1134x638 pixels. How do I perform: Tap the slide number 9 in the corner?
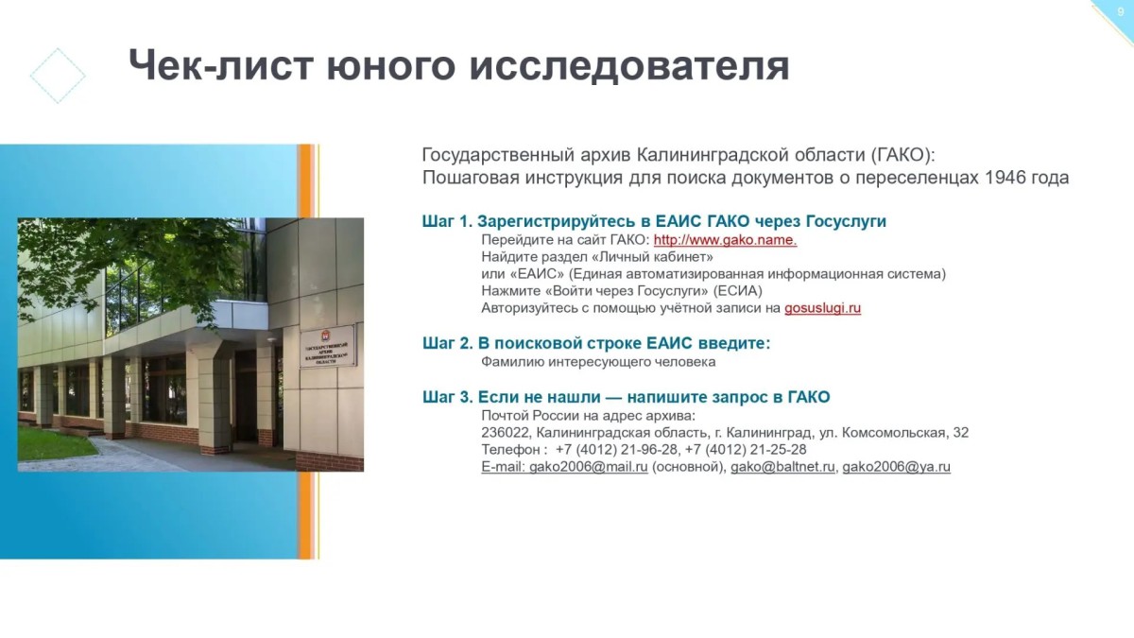click(1121, 12)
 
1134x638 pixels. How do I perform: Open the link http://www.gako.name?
click(725, 240)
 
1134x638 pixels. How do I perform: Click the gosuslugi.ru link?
click(823, 308)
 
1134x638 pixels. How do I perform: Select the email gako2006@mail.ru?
click(588, 467)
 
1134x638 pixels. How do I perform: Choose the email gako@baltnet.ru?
click(782, 467)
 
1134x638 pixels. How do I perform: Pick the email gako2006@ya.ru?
click(896, 467)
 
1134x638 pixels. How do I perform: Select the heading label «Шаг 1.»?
click(447, 221)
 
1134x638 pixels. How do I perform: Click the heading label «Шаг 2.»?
click(448, 343)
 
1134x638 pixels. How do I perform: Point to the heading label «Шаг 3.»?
click(448, 397)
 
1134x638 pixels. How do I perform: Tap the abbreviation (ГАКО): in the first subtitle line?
click(902, 155)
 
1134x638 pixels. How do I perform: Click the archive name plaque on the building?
click(328, 346)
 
